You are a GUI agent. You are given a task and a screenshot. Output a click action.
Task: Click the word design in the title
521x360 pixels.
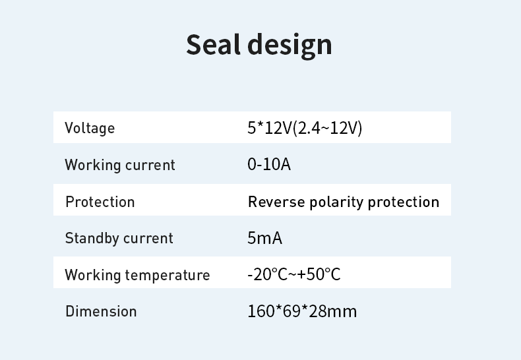pos(290,47)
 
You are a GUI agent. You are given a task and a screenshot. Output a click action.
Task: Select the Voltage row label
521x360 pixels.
pos(90,128)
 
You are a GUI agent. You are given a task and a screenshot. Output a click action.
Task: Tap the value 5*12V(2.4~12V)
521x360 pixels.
pos(305,128)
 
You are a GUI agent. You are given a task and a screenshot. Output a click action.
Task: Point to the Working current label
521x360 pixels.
pos(120,165)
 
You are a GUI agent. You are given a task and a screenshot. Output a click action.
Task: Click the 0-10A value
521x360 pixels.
pos(269,164)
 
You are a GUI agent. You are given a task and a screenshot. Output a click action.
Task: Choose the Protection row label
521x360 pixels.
pos(100,202)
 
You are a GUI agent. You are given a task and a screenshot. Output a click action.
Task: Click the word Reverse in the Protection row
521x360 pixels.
pos(276,202)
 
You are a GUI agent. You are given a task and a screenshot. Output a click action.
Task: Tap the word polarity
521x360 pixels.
pos(336,202)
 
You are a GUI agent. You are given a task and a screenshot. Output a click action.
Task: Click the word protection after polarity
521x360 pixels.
pos(404,202)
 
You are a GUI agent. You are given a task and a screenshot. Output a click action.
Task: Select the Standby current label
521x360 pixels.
pos(119,238)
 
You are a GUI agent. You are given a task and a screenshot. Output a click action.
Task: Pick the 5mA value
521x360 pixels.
pos(265,238)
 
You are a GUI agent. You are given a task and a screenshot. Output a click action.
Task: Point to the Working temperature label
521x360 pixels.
pos(137,276)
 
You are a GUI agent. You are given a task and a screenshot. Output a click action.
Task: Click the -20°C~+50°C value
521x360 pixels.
pos(294,275)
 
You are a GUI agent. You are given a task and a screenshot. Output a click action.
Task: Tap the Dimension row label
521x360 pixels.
pos(101,311)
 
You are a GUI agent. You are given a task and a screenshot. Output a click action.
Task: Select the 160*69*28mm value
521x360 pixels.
pos(302,311)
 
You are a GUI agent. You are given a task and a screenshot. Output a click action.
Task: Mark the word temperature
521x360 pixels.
pos(168,276)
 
